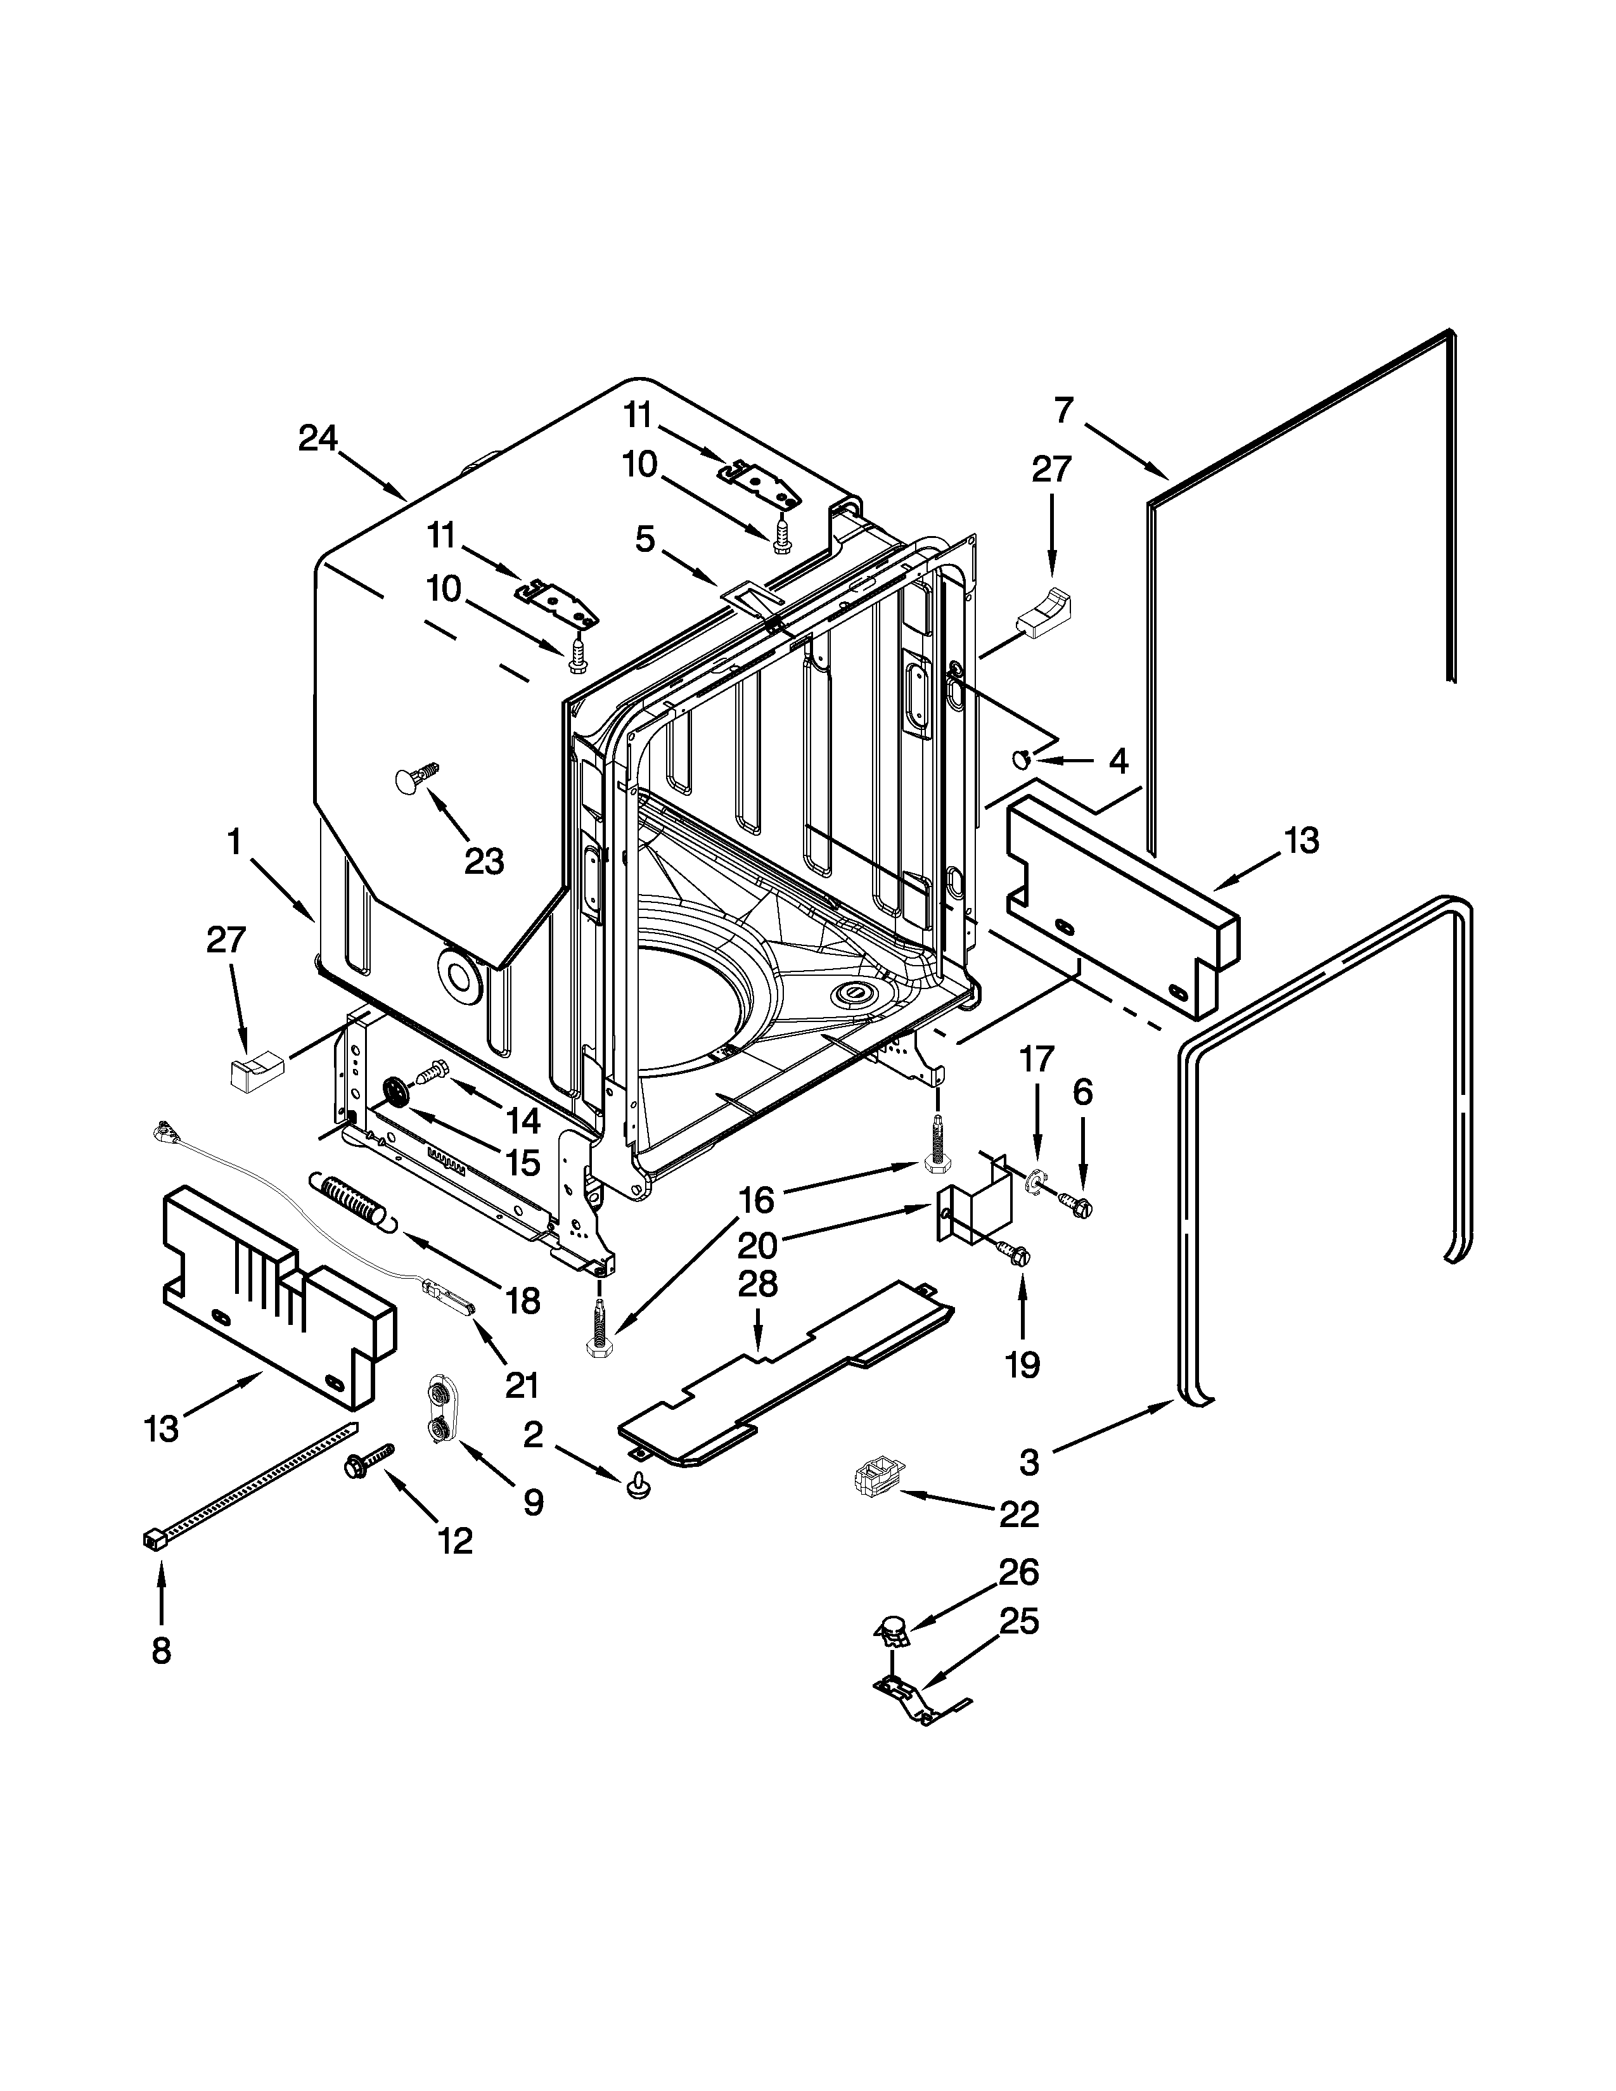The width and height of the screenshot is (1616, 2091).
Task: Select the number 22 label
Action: [1018, 1514]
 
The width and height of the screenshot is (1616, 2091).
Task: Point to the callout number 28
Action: [757, 1284]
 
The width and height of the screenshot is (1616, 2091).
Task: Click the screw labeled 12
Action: [369, 1459]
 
